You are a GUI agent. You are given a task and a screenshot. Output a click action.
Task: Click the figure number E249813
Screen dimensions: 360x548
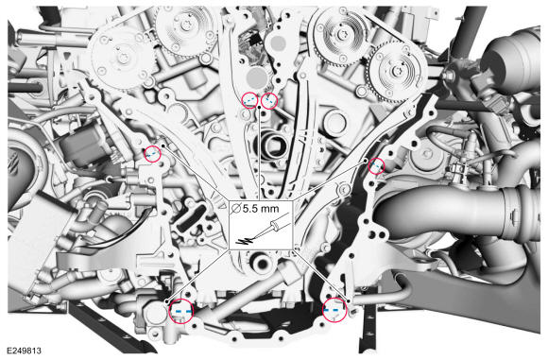(x=25, y=351)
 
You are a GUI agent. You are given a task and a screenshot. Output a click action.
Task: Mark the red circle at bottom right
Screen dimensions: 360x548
(x=334, y=309)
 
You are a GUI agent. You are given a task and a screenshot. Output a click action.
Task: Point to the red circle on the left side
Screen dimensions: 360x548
(x=152, y=154)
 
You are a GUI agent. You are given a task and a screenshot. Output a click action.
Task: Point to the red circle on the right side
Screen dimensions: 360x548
(x=376, y=166)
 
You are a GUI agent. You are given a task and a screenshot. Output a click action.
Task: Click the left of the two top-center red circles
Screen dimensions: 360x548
(x=248, y=99)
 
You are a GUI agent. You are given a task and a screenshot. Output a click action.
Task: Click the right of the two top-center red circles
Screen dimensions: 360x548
(x=268, y=99)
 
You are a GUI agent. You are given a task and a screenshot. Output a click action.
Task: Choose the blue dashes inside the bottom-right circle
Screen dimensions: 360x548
(x=334, y=310)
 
